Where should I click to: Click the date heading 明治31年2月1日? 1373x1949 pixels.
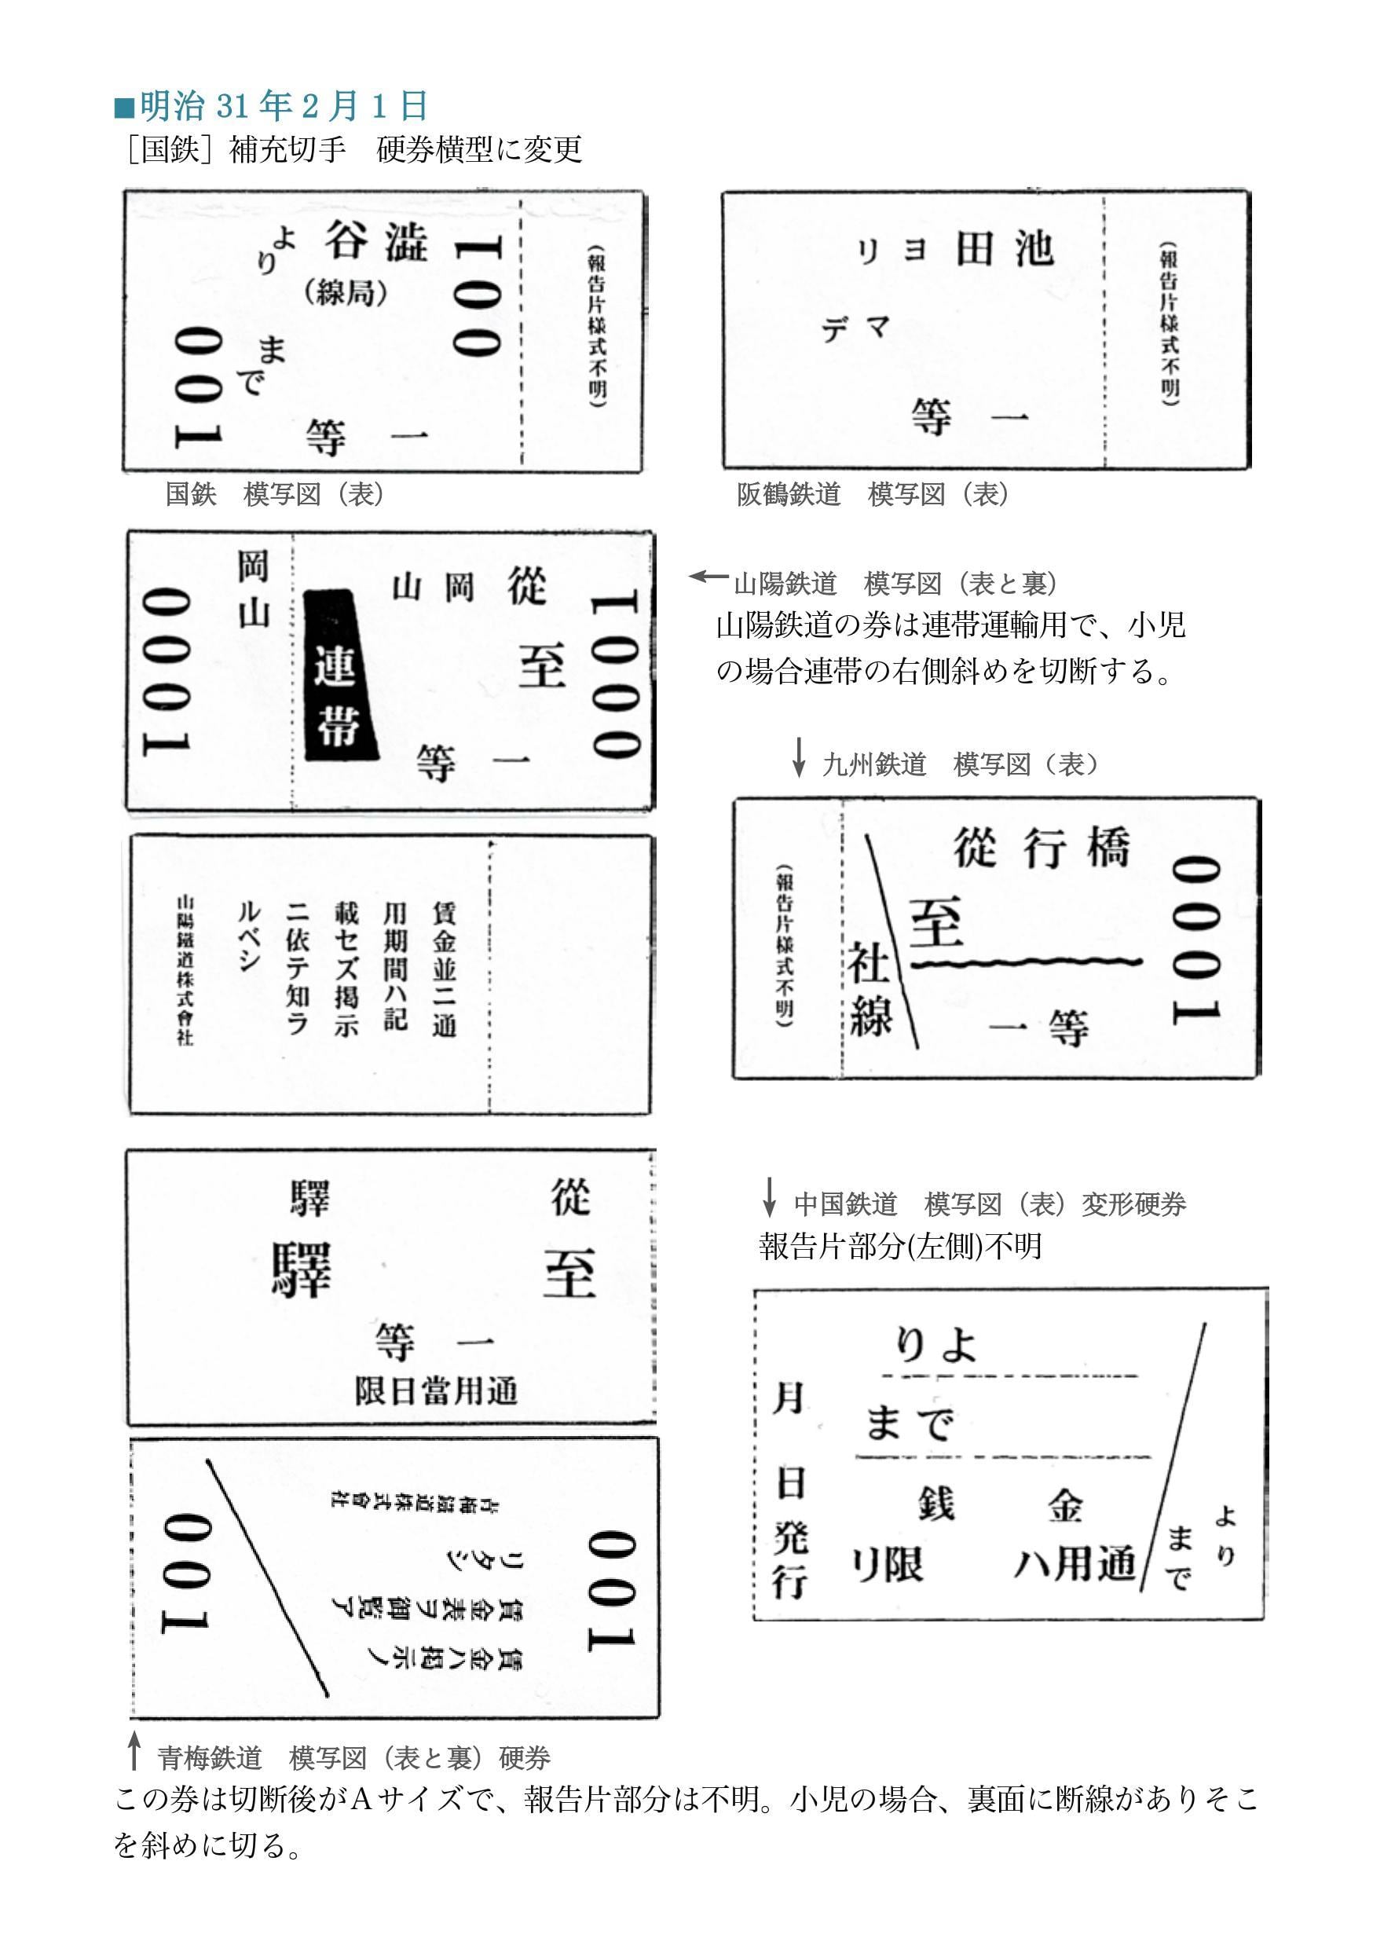pyautogui.click(x=272, y=106)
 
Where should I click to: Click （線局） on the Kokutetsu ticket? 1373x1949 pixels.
pyautogui.click(x=346, y=293)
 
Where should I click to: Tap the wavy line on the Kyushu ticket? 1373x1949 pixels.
pyautogui.click(x=1027, y=963)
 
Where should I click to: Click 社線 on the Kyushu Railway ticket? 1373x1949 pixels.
pyautogui.click(x=869, y=991)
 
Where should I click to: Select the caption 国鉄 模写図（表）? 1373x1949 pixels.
pyautogui.click(x=274, y=494)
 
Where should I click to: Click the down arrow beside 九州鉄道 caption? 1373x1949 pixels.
pyautogui.click(x=798, y=757)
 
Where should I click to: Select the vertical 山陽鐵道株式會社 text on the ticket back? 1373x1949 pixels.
pyautogui.click(x=185, y=968)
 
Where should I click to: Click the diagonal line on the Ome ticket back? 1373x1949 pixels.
pyautogui.click(x=266, y=1578)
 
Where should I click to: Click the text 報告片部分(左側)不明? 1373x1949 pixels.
pyautogui.click(x=899, y=1246)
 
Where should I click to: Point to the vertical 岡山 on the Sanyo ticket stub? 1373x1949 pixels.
pyautogui.click(x=252, y=588)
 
